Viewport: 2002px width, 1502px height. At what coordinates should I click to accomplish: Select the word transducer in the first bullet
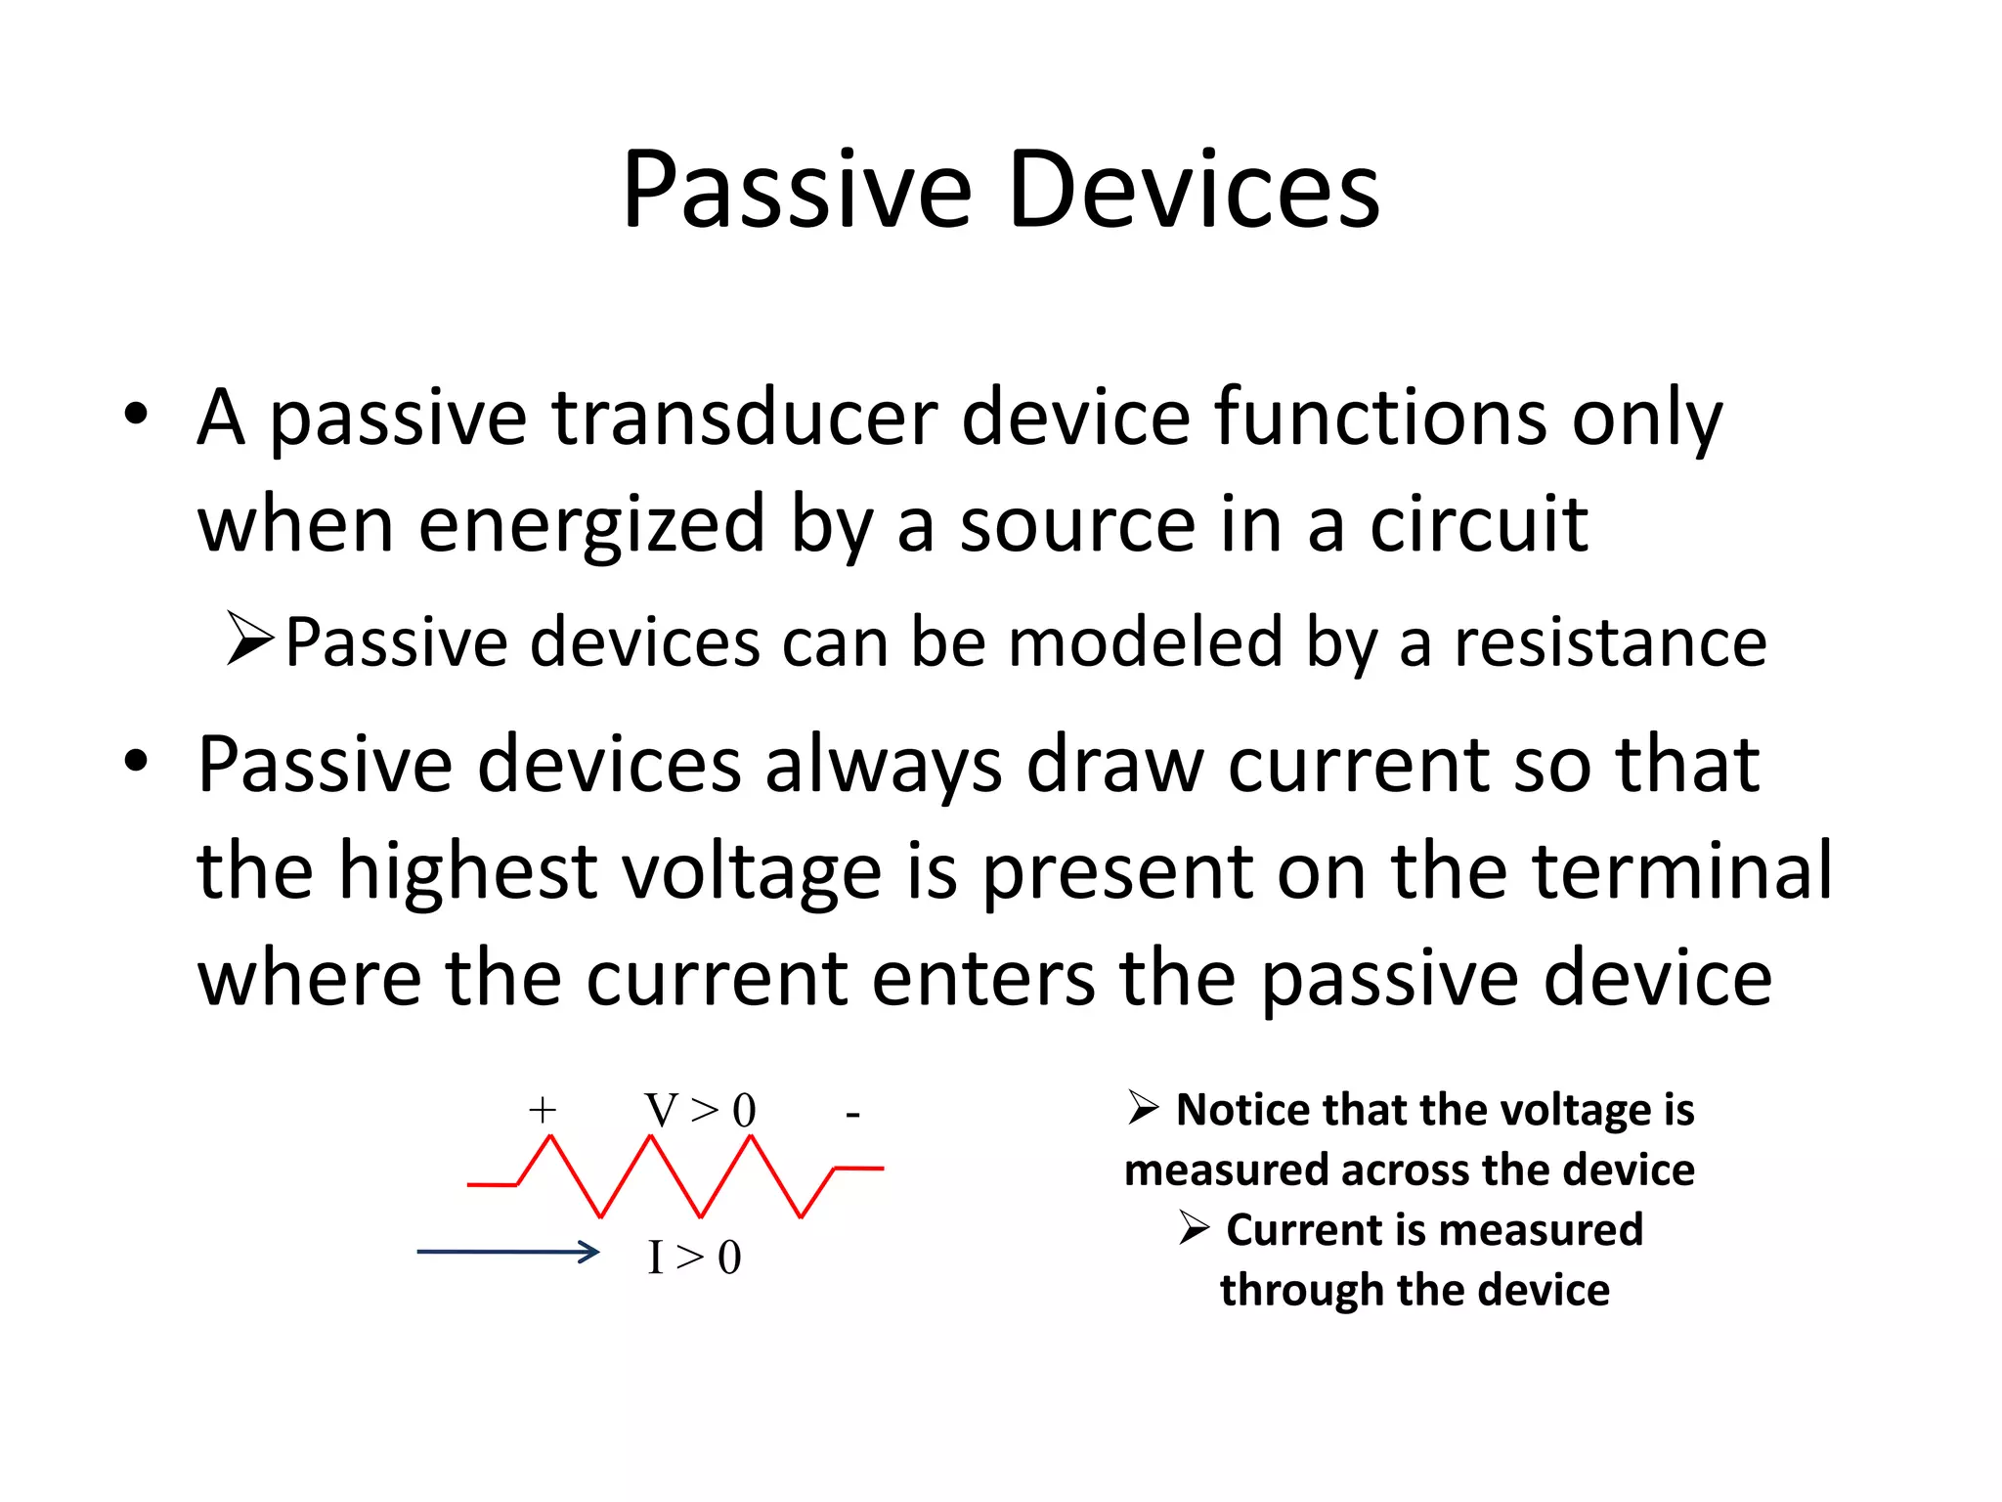(x=744, y=419)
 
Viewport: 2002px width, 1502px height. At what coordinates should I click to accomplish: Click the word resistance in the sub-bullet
(x=1610, y=642)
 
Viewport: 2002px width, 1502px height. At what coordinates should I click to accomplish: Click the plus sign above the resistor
(x=543, y=1110)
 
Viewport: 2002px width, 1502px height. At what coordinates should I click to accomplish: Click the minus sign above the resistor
(x=852, y=1114)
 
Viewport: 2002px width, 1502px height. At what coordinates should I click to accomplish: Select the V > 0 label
(x=700, y=1111)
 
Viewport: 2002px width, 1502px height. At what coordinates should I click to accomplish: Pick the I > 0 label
(x=694, y=1258)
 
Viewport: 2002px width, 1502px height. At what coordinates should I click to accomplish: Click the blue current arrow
(x=508, y=1252)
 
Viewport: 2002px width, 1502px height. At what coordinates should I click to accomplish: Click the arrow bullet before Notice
(x=1143, y=1108)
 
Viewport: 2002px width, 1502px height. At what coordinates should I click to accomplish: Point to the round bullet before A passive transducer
(x=136, y=415)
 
